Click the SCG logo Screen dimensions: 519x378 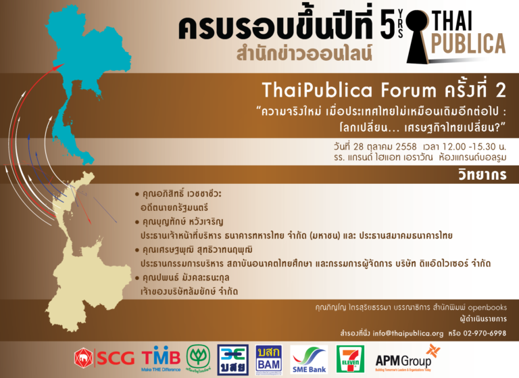point(105,358)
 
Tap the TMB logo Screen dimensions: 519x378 point(162,360)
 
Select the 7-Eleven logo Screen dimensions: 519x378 point(350,359)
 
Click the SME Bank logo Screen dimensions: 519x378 point(309,360)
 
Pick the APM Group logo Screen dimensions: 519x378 point(407,359)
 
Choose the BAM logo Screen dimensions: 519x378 point(269,360)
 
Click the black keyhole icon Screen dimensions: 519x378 point(417,36)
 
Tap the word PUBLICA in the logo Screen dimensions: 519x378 point(468,43)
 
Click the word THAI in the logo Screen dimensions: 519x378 point(453,20)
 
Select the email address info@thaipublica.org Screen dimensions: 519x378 point(407,333)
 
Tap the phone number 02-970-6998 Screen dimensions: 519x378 point(485,333)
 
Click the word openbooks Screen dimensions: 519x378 point(487,308)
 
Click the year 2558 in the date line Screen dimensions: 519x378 point(405,147)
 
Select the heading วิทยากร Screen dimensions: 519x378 point(483,174)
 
